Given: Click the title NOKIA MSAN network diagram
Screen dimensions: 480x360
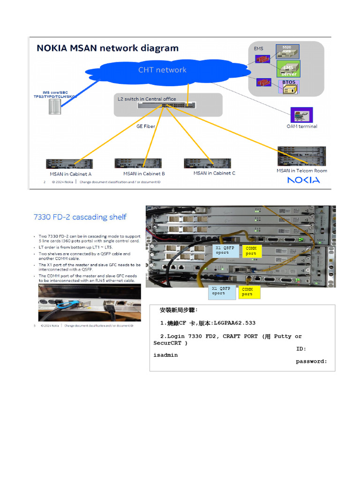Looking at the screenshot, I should [x=107, y=48].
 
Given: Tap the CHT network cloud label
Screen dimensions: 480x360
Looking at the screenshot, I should [x=162, y=70].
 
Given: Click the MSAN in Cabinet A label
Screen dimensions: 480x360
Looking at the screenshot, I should [x=70, y=174].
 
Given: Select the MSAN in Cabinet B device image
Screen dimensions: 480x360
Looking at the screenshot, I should [x=138, y=164].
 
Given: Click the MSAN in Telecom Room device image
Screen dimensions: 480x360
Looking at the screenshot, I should [x=301, y=157].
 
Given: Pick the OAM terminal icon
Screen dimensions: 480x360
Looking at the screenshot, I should [x=302, y=115].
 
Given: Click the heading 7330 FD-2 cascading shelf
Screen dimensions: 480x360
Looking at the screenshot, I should [x=80, y=217].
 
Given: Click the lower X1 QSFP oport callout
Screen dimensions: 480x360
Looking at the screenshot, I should [x=221, y=291].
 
